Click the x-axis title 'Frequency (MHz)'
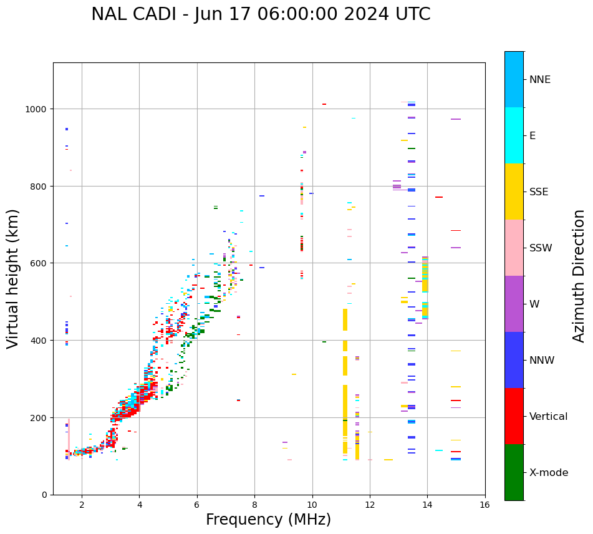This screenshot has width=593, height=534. [268, 520]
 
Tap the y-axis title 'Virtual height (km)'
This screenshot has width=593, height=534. [13, 278]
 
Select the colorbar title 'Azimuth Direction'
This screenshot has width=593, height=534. [579, 276]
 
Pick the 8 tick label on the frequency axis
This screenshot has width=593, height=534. [254, 506]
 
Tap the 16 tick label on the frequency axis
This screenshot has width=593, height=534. [485, 506]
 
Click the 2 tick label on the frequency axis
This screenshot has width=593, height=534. [82, 506]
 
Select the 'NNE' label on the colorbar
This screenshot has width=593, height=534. [540, 79]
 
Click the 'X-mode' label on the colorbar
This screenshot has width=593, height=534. [549, 472]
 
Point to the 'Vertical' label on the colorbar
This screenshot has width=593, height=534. [548, 416]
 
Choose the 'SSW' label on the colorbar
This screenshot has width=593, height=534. [541, 248]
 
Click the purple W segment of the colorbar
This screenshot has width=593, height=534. [514, 304]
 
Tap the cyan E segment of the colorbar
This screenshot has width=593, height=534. [514, 135]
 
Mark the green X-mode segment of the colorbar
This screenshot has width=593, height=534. [514, 472]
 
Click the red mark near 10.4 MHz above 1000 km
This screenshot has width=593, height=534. [324, 104]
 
